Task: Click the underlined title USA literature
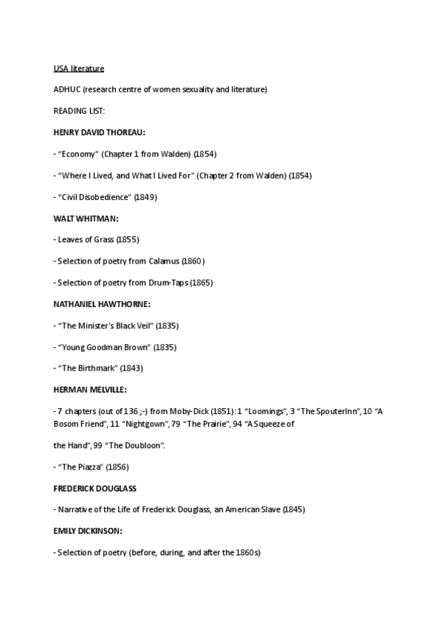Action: pos(79,69)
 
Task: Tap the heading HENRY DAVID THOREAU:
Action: pos(99,132)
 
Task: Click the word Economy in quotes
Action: pos(78,154)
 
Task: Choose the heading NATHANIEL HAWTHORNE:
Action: pos(102,304)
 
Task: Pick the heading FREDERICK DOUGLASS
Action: pos(95,489)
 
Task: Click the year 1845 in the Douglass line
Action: pos(293,509)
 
